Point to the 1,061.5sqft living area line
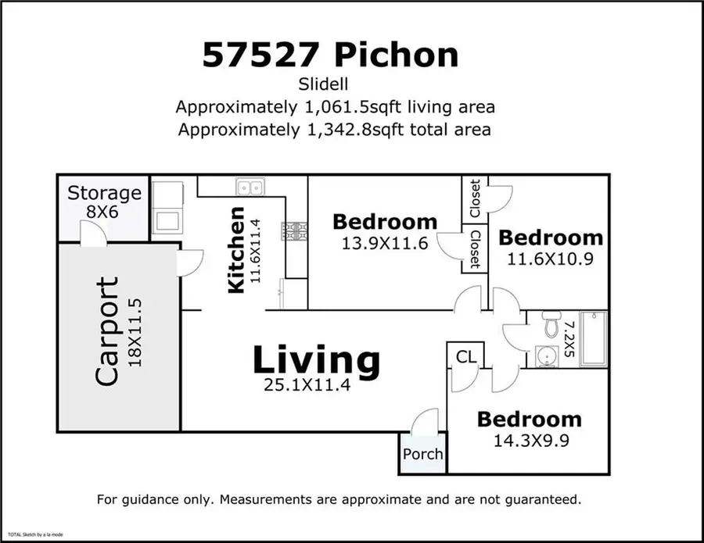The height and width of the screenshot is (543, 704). (x=335, y=106)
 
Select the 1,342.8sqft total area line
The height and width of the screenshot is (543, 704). (x=335, y=129)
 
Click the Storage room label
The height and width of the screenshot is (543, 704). (x=104, y=193)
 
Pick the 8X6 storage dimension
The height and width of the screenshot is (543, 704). (x=104, y=212)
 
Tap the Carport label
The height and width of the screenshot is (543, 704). (x=106, y=331)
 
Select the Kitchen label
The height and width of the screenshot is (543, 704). (x=235, y=250)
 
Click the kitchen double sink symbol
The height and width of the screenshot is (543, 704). (x=250, y=188)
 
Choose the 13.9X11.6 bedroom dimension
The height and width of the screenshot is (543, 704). (x=384, y=243)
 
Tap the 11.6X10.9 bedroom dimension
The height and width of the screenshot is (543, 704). (x=551, y=258)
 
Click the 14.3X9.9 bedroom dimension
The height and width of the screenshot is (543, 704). (x=530, y=439)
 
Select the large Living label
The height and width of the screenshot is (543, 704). (x=316, y=360)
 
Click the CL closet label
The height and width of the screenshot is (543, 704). (x=466, y=357)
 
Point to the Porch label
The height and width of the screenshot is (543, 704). (x=422, y=454)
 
